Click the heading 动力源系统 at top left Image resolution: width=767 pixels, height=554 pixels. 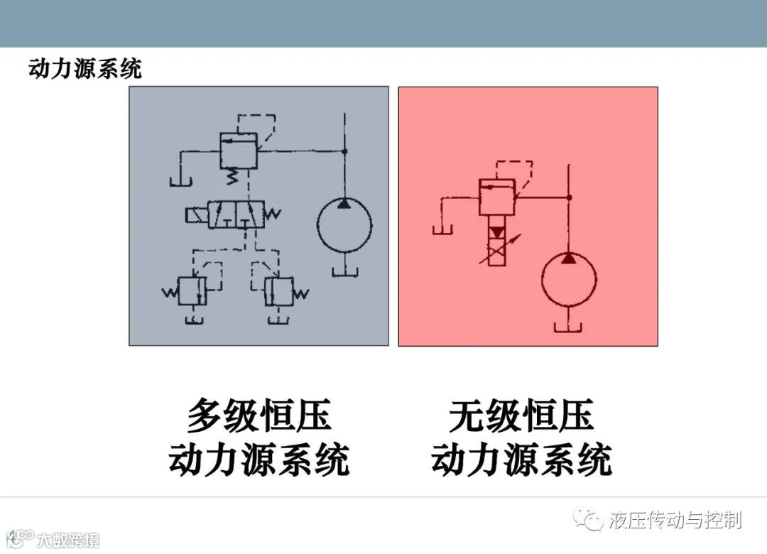[x=85, y=69]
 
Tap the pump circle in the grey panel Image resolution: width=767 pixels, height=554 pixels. [x=344, y=226]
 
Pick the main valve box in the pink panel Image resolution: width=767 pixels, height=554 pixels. [x=497, y=197]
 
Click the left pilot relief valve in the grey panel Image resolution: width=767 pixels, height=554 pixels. [x=190, y=291]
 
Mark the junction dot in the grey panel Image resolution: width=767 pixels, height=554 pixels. [x=344, y=151]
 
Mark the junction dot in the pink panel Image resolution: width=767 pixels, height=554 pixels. [x=569, y=197]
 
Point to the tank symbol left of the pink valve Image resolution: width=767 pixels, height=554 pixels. [x=444, y=229]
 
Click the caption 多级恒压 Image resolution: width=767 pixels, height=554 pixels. [x=259, y=415]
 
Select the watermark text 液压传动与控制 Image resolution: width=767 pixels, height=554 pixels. [x=675, y=520]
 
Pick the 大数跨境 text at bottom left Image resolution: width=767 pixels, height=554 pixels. [x=68, y=539]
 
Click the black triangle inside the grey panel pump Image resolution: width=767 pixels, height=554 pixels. [x=344, y=205]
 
